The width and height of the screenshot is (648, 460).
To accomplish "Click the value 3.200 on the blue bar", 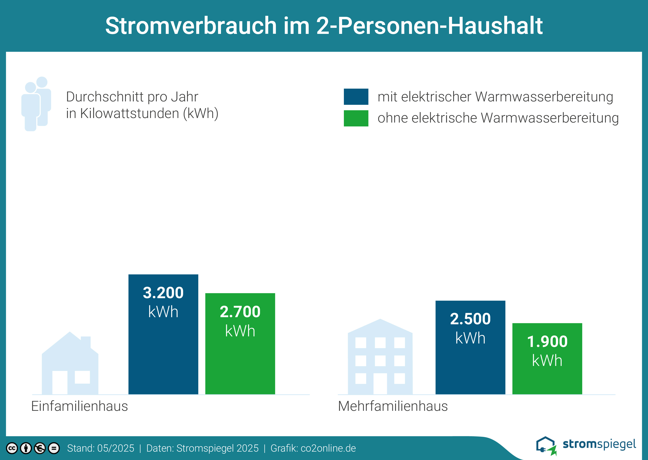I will pyautogui.click(x=163, y=293).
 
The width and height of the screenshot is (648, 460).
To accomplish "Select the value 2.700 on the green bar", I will pyautogui.click(x=240, y=312).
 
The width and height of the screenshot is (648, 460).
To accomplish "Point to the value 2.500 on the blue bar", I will pyautogui.click(x=470, y=319).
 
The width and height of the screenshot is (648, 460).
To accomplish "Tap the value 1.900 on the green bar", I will pyautogui.click(x=547, y=341).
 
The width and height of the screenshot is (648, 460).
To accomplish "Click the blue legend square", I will pyautogui.click(x=356, y=97).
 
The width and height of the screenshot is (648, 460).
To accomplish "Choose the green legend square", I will pyautogui.click(x=356, y=118).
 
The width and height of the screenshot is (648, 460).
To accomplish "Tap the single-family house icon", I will pyautogui.click(x=70, y=365).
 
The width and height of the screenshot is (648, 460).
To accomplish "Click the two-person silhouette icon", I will pyautogui.click(x=36, y=104).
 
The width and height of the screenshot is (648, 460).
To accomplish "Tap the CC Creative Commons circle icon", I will pyautogui.click(x=12, y=448).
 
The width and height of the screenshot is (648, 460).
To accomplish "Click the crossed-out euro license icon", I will pyautogui.click(x=40, y=448).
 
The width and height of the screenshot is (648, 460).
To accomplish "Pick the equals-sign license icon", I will pyautogui.click(x=54, y=448).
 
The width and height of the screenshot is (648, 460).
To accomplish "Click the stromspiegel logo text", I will pyautogui.click(x=599, y=444).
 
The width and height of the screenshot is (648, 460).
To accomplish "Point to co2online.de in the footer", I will pyautogui.click(x=328, y=448).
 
